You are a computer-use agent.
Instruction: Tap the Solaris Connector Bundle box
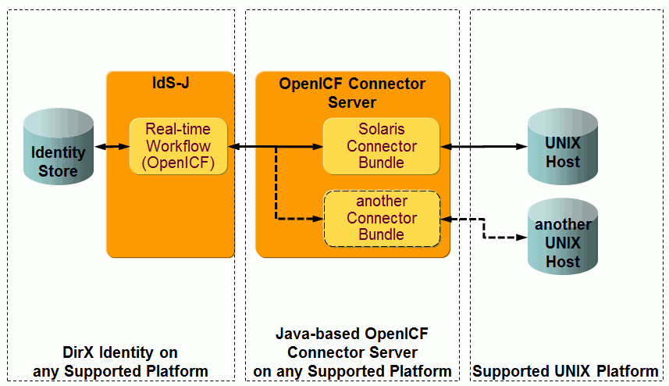pyautogui.click(x=381, y=146)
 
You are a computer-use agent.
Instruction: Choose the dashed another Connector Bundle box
pyautogui.click(x=381, y=218)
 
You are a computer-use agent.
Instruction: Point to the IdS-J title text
pyautogui.click(x=170, y=82)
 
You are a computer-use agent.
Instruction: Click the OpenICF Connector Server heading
pyautogui.click(x=353, y=93)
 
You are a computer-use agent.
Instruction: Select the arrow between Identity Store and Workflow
pyautogui.click(x=112, y=146)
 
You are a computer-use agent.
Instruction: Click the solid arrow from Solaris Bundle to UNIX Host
pyautogui.click(x=484, y=146)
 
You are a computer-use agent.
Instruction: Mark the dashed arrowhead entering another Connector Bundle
pyautogui.click(x=318, y=218)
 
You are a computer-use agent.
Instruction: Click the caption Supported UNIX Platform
pyautogui.click(x=565, y=370)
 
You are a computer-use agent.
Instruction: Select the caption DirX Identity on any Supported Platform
pyautogui.click(x=120, y=362)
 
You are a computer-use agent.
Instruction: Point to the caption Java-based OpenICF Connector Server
pyautogui.click(x=352, y=343)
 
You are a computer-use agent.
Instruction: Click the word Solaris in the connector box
pyautogui.click(x=382, y=130)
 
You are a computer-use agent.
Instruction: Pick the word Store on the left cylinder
pyautogui.click(x=59, y=170)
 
